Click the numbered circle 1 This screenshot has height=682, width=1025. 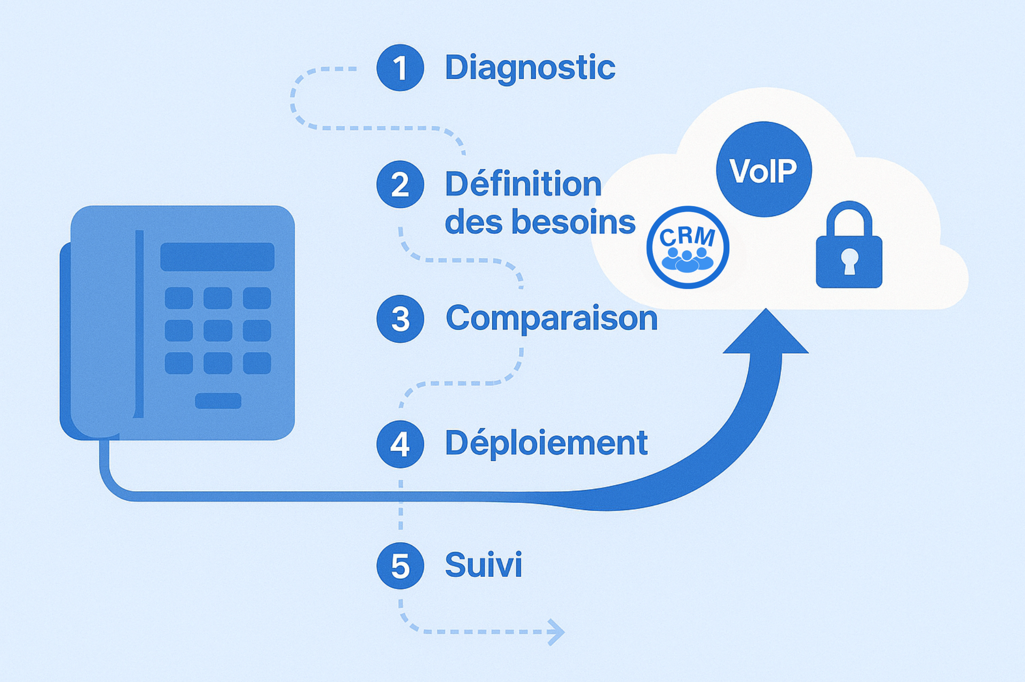click(x=400, y=68)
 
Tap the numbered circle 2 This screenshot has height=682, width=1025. click(x=400, y=184)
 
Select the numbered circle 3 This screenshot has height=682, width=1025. click(x=400, y=319)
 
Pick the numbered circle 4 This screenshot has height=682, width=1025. click(x=400, y=444)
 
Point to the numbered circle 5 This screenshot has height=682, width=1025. click(x=400, y=565)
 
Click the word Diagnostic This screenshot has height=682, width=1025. click(x=530, y=68)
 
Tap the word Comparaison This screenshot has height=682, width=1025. click(x=551, y=319)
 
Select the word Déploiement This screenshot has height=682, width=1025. click(x=546, y=444)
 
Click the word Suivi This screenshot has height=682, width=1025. click(x=483, y=565)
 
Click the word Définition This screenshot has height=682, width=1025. click(x=523, y=184)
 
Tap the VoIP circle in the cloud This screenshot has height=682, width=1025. click(x=763, y=169)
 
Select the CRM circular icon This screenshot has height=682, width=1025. click(x=688, y=247)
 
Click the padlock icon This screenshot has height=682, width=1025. click(x=849, y=246)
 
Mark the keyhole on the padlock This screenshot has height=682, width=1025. click(x=849, y=261)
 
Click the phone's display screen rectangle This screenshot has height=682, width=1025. click(x=217, y=257)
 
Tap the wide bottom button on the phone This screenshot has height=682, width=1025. click(x=218, y=401)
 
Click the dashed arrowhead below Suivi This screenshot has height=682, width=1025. click(x=557, y=632)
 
